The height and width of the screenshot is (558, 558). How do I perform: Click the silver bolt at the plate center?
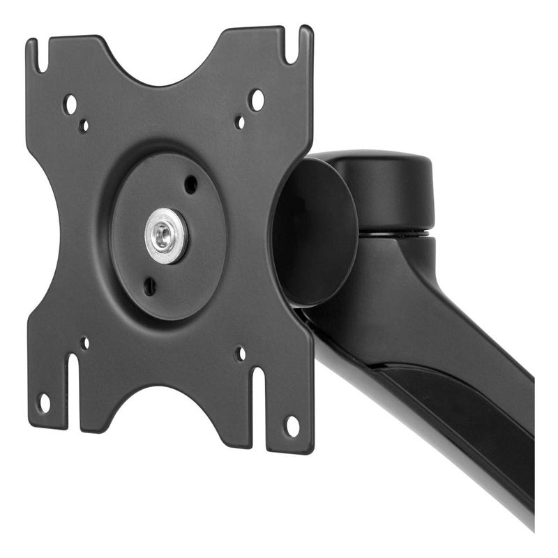coord(166,236)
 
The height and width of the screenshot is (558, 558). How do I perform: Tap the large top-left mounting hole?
coord(70,105)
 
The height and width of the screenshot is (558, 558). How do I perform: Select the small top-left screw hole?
coord(84,126)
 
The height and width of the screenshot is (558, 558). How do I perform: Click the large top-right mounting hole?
coord(257,100)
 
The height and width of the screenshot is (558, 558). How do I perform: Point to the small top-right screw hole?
coord(240,122)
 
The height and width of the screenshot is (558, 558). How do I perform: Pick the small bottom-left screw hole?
coord(84,343)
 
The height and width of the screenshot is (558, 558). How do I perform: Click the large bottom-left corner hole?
coord(45,402)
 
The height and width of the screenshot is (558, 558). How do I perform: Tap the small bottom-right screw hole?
coord(241,354)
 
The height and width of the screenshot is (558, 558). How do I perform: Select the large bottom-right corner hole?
coord(292,425)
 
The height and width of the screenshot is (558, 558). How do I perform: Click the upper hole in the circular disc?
coord(190,185)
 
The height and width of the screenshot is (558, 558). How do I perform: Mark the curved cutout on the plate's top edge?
coord(165,66)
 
